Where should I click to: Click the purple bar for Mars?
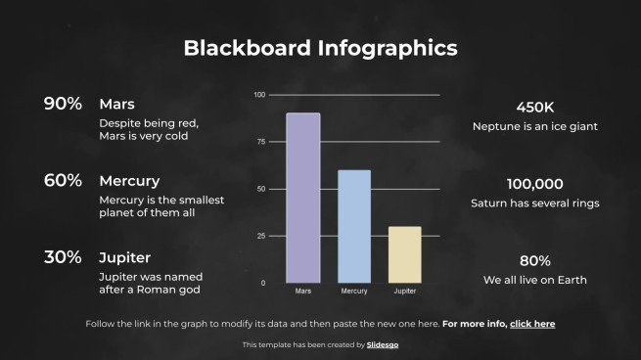pos(302,198)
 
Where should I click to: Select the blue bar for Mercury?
pos(354,226)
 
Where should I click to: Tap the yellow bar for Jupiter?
pos(405,254)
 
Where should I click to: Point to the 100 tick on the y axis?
pos(259,95)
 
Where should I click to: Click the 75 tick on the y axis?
pos(260,142)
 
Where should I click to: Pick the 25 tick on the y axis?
pos(260,236)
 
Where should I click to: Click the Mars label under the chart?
pos(302,292)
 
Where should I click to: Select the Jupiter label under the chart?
pos(404,292)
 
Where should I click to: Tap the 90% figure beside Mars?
pos(63,104)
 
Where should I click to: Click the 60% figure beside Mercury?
pos(63,180)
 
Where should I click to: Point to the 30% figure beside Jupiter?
pos(63,257)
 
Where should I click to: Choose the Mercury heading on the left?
pos(129,181)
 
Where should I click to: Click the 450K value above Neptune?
pos(534,108)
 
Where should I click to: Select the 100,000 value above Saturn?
pos(534,184)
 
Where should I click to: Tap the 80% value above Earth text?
pos(534,261)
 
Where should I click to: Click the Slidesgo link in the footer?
pos(383,344)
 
